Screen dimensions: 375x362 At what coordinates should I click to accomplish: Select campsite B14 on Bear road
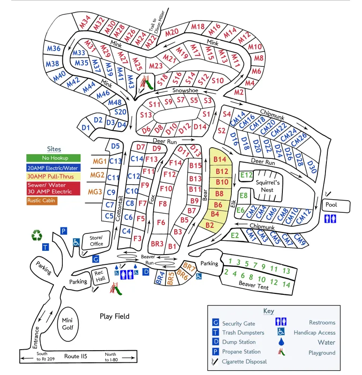220,159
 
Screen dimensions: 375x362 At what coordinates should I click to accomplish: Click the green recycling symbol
37,235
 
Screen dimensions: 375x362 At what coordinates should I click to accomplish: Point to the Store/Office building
96,240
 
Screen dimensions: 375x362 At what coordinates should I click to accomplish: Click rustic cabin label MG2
97,175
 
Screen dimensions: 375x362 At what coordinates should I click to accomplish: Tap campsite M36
54,49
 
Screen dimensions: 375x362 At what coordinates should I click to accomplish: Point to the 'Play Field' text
114,316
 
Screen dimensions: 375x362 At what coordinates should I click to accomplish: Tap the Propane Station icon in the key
216,352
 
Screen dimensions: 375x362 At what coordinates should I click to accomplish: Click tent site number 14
287,285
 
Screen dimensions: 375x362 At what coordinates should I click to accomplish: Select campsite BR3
156,244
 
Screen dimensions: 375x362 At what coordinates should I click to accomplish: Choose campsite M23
156,66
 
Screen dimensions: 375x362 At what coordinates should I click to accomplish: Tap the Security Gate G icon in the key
216,323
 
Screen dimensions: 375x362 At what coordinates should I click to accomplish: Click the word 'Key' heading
268,311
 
